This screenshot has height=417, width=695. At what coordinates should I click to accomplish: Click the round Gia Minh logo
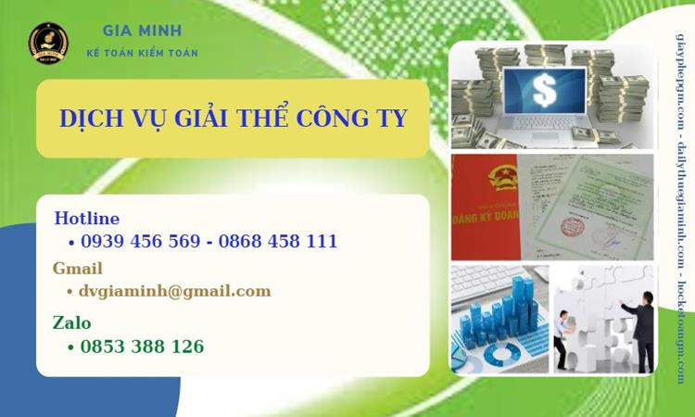click(x=48, y=42)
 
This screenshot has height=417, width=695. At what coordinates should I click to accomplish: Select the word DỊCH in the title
click(x=91, y=120)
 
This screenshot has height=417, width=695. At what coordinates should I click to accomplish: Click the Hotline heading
click(x=87, y=219)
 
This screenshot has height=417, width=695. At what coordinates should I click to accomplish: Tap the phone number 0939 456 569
click(x=141, y=242)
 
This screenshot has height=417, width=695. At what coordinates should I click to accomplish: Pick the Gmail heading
click(x=78, y=269)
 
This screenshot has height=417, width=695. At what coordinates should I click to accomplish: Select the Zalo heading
click(x=72, y=323)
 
